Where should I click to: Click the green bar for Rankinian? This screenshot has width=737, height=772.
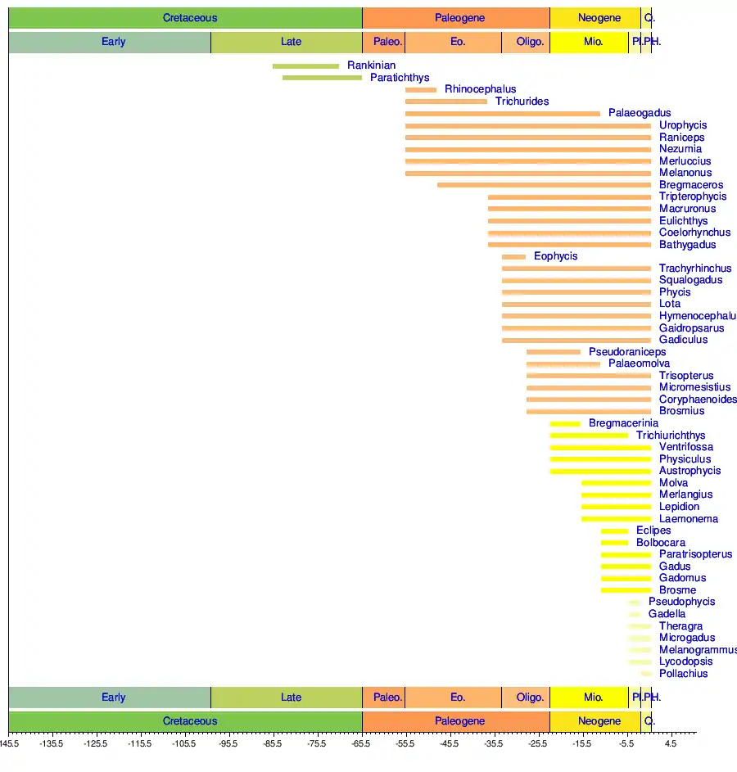[x=305, y=66]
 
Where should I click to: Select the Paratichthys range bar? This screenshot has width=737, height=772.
[x=322, y=78]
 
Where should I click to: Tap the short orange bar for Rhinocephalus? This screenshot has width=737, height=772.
[x=421, y=90]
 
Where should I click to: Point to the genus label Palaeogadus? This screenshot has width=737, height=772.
[x=639, y=113]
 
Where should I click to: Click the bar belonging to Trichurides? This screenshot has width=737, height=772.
[x=446, y=102]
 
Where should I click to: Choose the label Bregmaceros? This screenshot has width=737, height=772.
[x=690, y=185]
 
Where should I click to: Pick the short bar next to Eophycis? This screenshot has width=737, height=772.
[x=513, y=257]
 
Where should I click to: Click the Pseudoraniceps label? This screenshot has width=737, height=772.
[x=626, y=352]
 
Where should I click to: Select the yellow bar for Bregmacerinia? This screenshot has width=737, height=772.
[x=565, y=424]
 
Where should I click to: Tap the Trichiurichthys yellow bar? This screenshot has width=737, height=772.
[x=589, y=436]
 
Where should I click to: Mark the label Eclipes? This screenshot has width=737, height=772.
[x=653, y=530]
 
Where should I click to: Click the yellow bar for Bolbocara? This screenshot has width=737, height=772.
[x=614, y=543]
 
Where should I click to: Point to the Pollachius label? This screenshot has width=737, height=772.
[x=683, y=674]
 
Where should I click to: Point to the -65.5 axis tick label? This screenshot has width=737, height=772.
[x=361, y=744]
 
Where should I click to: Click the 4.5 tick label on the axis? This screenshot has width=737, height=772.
[x=670, y=744]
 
